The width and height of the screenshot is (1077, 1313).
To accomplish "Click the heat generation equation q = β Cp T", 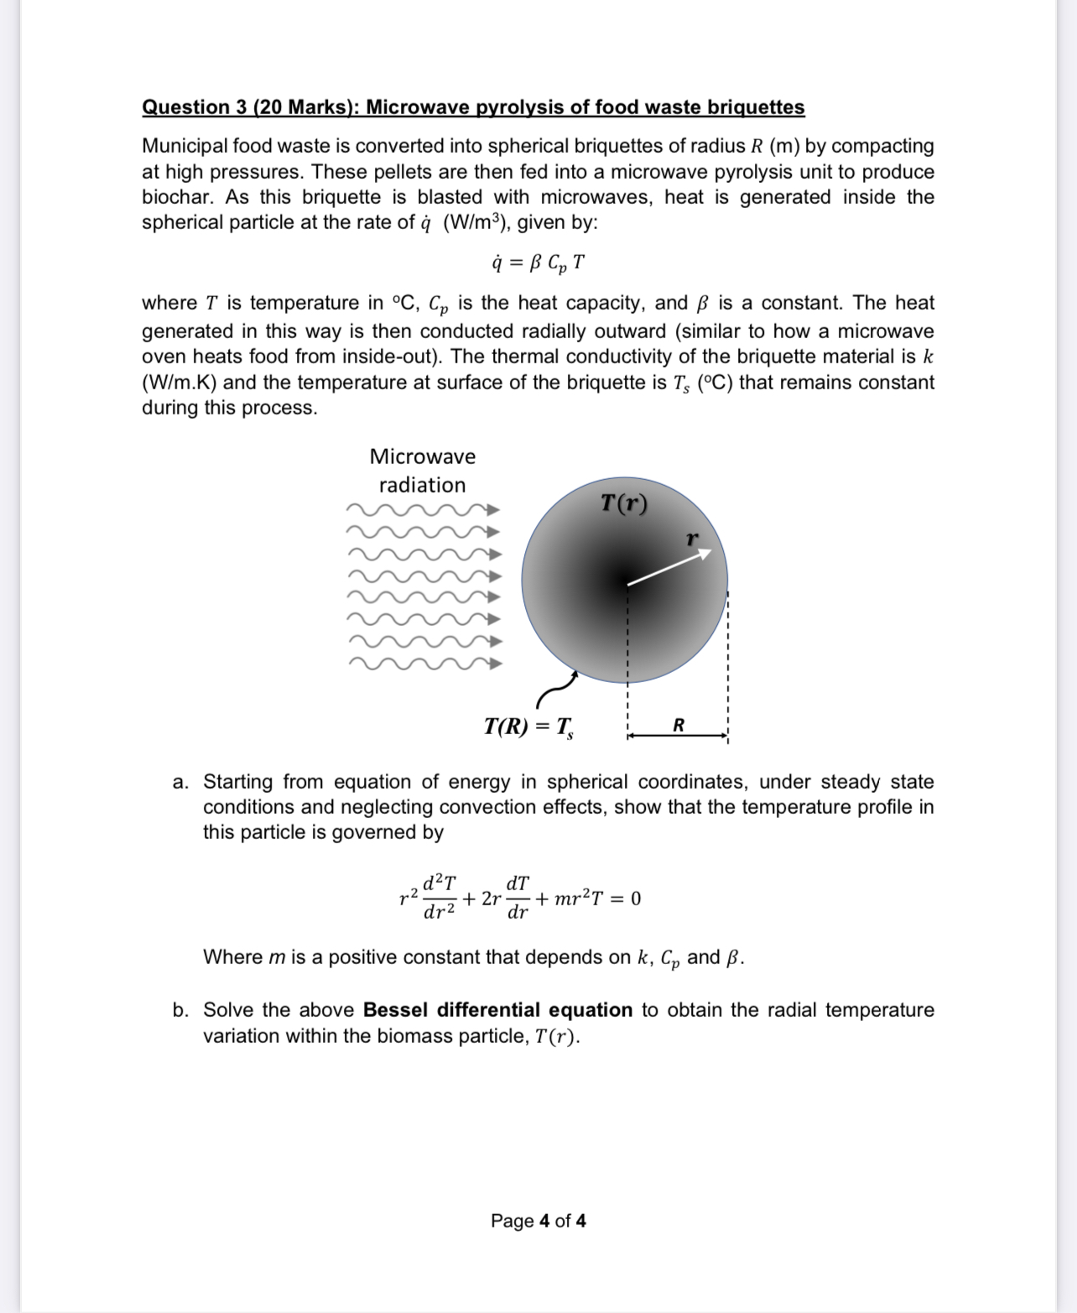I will click(x=538, y=263).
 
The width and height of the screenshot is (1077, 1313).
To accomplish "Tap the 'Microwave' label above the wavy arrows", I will click(x=422, y=456).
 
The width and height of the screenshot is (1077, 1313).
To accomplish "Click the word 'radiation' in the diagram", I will click(x=422, y=485).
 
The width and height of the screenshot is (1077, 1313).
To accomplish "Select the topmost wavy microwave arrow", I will click(x=424, y=509).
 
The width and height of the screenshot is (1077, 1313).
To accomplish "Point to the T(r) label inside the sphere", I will click(x=624, y=503).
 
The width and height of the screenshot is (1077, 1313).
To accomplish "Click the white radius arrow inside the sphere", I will click(x=669, y=567).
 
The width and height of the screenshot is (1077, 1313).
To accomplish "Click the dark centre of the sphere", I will click(x=625, y=580).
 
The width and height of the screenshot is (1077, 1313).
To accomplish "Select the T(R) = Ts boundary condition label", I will click(x=528, y=726).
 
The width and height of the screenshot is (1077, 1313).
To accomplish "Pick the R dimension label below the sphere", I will click(x=679, y=725).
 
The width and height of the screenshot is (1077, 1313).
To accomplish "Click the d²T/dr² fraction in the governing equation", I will click(x=439, y=898).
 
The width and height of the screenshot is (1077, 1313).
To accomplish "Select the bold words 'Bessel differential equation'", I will click(x=497, y=1010).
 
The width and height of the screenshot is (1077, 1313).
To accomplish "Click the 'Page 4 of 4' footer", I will click(x=538, y=1221).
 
